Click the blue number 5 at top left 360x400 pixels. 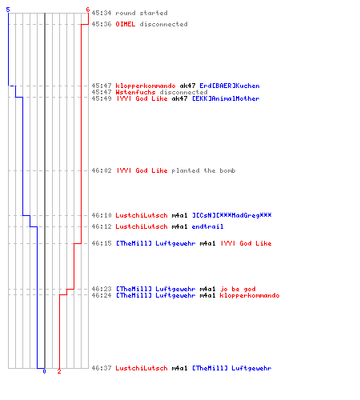click(8, 10)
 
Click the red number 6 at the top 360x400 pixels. click(88, 10)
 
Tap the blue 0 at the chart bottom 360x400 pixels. click(44, 371)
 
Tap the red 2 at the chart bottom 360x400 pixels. click(59, 371)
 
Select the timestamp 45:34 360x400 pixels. click(102, 13)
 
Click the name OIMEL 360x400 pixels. click(126, 24)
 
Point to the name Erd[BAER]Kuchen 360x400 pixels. click(230, 86)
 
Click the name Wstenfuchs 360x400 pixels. click(135, 92)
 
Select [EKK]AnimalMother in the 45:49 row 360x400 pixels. click(226, 98)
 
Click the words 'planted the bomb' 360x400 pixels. click(203, 170)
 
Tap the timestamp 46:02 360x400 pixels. click(102, 170)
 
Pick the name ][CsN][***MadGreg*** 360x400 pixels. click(232, 215)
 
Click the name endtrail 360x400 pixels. click(207, 226)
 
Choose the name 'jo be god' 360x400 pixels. click(238, 289)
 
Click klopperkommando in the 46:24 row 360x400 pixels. click(250, 295)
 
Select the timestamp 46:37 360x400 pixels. click(102, 368)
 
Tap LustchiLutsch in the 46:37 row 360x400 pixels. click(142, 368)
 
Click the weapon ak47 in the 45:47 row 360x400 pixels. click(187, 86)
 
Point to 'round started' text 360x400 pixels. click(142, 13)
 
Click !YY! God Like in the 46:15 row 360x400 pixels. click(246, 243)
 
